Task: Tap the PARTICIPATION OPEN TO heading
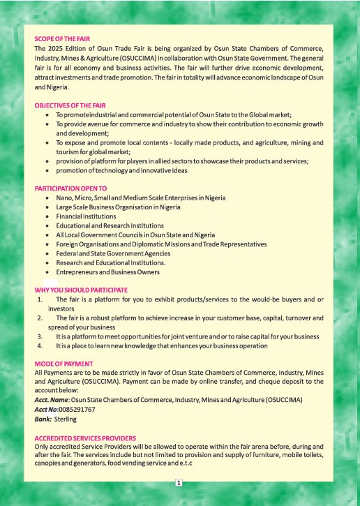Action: (x=70, y=188)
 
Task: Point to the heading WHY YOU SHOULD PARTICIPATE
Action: (x=81, y=290)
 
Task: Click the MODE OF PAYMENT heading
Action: (x=63, y=364)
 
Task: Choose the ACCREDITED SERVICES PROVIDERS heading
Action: (x=85, y=438)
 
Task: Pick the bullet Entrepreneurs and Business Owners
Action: (x=108, y=272)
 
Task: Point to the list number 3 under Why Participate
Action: (x=40, y=336)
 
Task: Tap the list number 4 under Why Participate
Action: (x=40, y=345)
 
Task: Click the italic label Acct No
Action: (x=47, y=410)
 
